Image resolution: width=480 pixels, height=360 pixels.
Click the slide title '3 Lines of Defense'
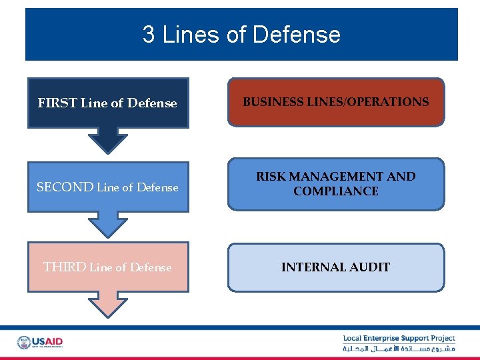(241, 35)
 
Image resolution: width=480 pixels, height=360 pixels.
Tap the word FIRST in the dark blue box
(57, 103)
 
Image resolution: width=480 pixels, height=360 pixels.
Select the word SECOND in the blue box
(65, 187)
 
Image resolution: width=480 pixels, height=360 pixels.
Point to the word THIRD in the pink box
(65, 267)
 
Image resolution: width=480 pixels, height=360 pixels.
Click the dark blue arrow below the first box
(107, 140)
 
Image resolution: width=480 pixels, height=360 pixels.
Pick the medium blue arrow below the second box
(107, 224)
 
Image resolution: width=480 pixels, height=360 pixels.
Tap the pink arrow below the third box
(107, 305)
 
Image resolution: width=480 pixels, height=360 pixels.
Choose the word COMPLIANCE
(335, 191)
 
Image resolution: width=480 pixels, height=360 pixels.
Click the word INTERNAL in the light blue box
(312, 267)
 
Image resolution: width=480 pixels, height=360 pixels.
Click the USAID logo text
(48, 341)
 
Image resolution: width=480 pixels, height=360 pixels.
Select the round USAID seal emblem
(24, 343)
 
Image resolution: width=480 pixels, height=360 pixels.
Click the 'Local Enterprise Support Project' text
(399, 339)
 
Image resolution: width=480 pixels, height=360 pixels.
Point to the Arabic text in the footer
(399, 349)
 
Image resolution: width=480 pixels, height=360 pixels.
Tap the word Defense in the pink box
(151, 267)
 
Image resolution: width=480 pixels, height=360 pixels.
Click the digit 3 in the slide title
(149, 35)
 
